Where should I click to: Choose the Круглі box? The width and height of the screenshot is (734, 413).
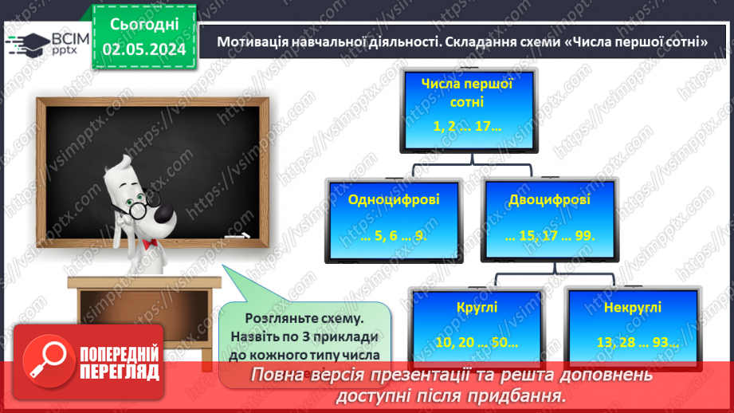pyautogui.click(x=477, y=324)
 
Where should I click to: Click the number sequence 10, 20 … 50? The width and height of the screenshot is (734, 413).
pyautogui.click(x=476, y=343)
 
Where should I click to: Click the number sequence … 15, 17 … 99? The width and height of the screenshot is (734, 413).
pyautogui.click(x=550, y=237)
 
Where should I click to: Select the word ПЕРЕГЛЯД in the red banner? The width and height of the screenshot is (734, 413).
pyautogui.click(x=120, y=372)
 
